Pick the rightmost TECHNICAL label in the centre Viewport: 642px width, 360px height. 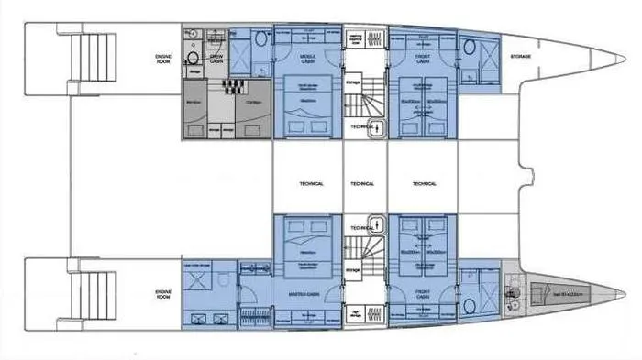tap(424, 183)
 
